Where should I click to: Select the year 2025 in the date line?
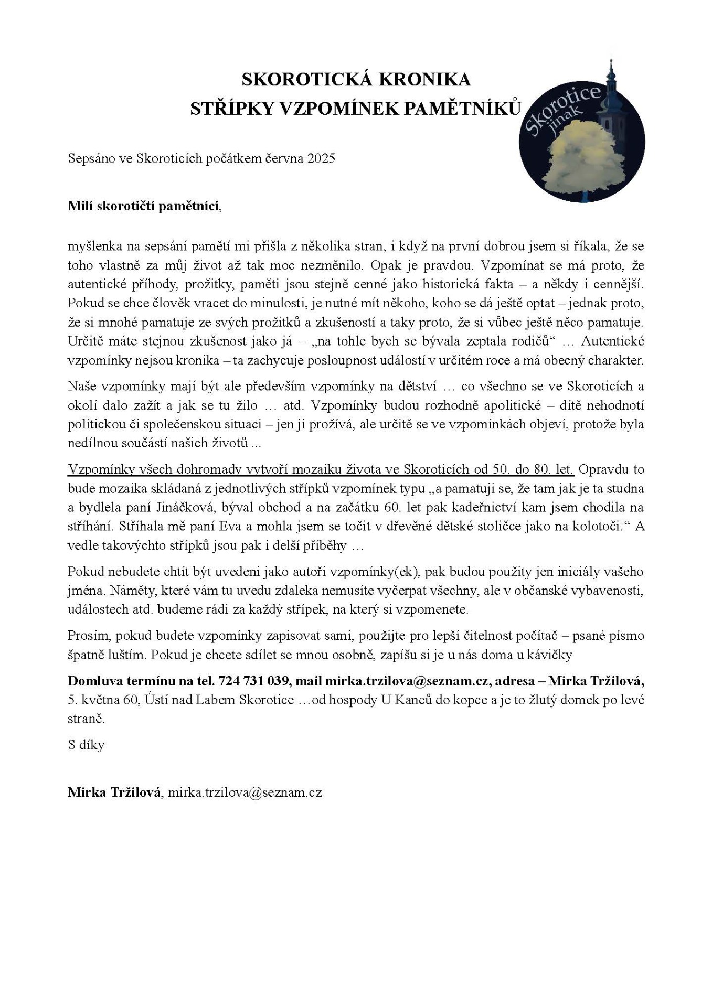(321, 158)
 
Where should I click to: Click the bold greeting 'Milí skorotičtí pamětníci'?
(142, 206)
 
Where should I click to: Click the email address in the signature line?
(245, 792)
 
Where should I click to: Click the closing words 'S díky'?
(86, 745)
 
